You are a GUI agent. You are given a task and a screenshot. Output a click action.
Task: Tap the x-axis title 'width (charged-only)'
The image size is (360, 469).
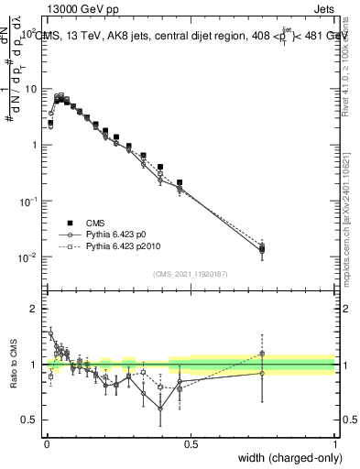coord(283,456)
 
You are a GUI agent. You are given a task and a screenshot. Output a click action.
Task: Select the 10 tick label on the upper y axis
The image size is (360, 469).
coord(29,89)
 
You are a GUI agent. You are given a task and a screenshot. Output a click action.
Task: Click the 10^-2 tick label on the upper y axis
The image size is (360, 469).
coord(27,257)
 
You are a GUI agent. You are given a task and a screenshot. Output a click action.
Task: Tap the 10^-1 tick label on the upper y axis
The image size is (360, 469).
coord(27,202)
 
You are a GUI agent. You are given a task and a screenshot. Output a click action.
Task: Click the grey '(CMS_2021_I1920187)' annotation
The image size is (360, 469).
coord(191,274)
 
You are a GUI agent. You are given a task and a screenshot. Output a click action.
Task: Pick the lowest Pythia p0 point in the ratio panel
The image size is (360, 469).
coord(161,409)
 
